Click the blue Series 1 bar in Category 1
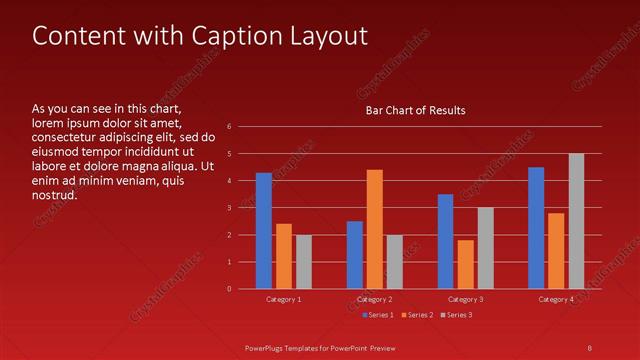point(264,231)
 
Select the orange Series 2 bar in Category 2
point(375,229)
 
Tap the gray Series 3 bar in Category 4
point(576,221)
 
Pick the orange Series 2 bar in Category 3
point(466,264)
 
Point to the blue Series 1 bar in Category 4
point(536,228)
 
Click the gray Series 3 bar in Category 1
point(304,262)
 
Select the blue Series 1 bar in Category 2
point(355,255)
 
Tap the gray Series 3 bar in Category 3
point(486,248)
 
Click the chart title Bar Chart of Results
point(415,110)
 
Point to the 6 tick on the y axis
point(230,127)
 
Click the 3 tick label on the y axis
point(230,208)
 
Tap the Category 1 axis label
point(284,299)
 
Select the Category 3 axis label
point(465,299)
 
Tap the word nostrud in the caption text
point(54,194)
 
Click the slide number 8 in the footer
point(589,347)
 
